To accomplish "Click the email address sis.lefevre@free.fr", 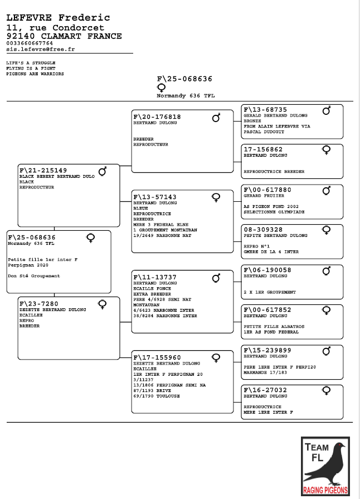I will tap(41, 49).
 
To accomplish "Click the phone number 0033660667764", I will tap(30, 43).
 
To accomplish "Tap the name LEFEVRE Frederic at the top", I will tap(58, 18).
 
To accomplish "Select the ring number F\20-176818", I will tap(157, 117).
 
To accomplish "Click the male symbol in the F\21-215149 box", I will tap(103, 171).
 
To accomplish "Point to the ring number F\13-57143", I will tap(155, 197).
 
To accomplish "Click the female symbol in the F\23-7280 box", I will tap(103, 304).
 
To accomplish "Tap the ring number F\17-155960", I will tap(157, 357).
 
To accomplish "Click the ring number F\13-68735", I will tap(266, 110).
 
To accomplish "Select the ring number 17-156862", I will tap(264, 150).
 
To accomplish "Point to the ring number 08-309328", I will tap(264, 230).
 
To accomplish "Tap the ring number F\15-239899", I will tap(268, 350).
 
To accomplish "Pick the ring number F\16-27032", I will tap(266, 390).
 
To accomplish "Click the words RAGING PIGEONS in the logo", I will tap(325, 491).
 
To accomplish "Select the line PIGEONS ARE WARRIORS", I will tap(35, 74).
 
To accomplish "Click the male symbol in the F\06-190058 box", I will tap(327, 271).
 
